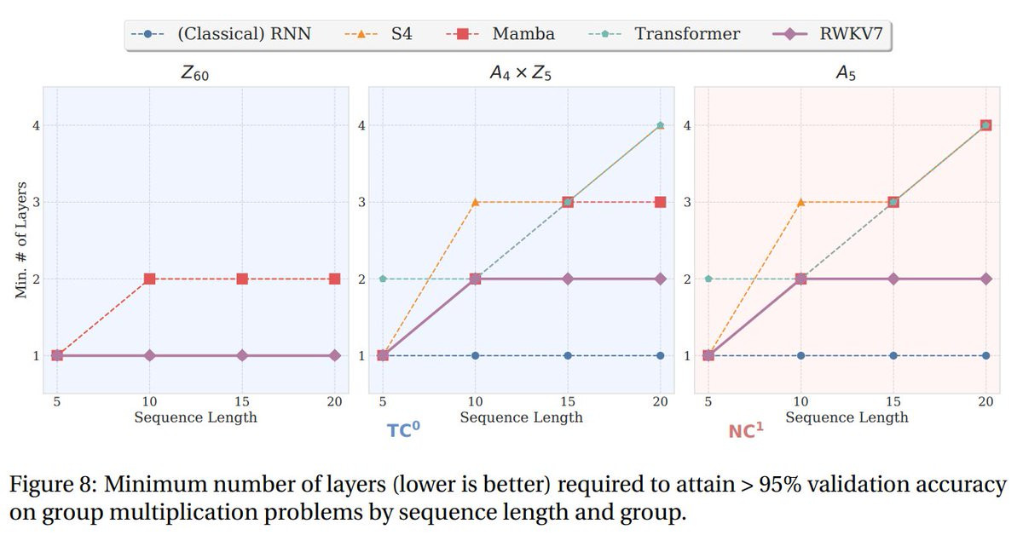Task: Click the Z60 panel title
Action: (x=195, y=74)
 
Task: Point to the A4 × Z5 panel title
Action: (x=521, y=74)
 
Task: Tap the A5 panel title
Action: (x=846, y=74)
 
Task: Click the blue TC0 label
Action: (x=404, y=430)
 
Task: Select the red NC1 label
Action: (x=746, y=431)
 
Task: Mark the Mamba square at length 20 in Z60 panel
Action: (x=334, y=279)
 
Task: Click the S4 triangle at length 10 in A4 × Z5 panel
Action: (x=476, y=202)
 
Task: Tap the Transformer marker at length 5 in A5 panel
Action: (x=708, y=279)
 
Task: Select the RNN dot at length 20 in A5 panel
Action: (x=985, y=355)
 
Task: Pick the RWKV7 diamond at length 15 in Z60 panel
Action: (x=242, y=355)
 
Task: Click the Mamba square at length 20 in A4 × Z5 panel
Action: (x=660, y=202)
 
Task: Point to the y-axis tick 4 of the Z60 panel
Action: (x=36, y=125)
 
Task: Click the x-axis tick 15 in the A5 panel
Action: (x=893, y=402)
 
